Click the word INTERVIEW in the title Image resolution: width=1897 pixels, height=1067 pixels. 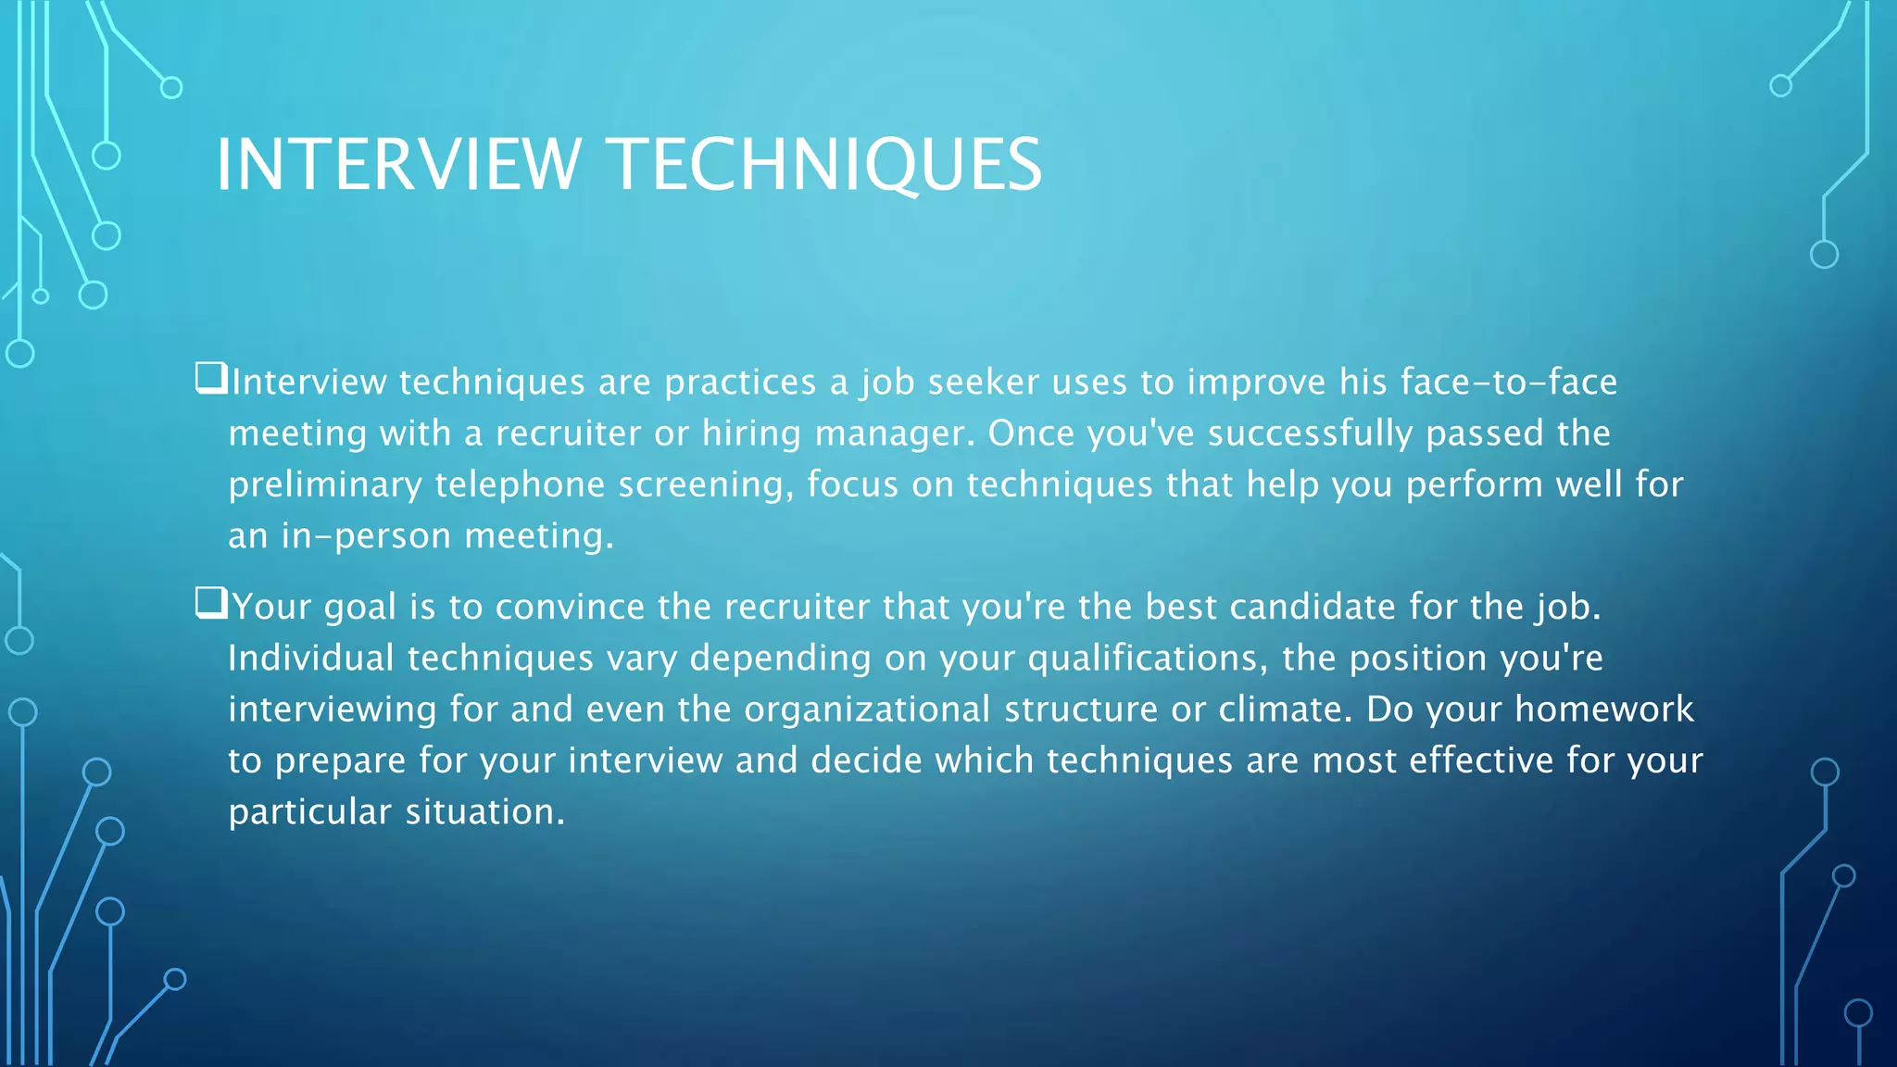tap(398, 165)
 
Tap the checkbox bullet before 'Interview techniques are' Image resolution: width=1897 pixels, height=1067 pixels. tap(211, 378)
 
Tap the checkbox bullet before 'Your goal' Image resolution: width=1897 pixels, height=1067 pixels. tap(211, 603)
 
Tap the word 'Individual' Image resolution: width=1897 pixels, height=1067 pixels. tap(311, 659)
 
